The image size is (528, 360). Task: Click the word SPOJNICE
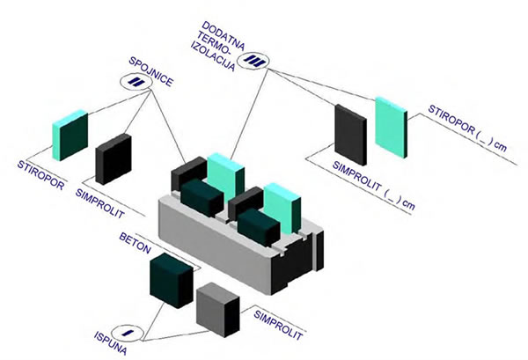coord(151,71)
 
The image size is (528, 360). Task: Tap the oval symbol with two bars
coord(136,82)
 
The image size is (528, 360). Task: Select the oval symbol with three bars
coord(253,61)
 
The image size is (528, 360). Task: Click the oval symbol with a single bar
coord(128,333)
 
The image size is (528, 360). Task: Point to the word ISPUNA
coord(111,343)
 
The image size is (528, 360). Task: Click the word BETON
coord(135,243)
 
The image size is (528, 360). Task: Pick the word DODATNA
coord(224,36)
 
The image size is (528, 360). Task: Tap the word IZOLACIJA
coord(213,56)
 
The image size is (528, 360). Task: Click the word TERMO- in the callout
coord(215,44)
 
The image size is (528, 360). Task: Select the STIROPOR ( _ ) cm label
coord(467,128)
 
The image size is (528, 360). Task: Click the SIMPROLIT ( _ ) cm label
coord(374,186)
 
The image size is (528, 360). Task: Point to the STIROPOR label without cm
coord(40,175)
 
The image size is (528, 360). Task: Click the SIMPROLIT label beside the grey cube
coord(278,325)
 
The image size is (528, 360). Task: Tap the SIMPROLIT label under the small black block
coord(100,203)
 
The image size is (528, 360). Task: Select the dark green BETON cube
coord(172,281)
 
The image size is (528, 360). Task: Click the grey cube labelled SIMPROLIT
coord(218,310)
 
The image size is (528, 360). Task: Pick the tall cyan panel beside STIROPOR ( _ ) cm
coord(392,128)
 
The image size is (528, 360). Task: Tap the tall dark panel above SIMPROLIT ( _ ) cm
coord(350,135)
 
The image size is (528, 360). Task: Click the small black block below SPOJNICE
coord(114,159)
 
